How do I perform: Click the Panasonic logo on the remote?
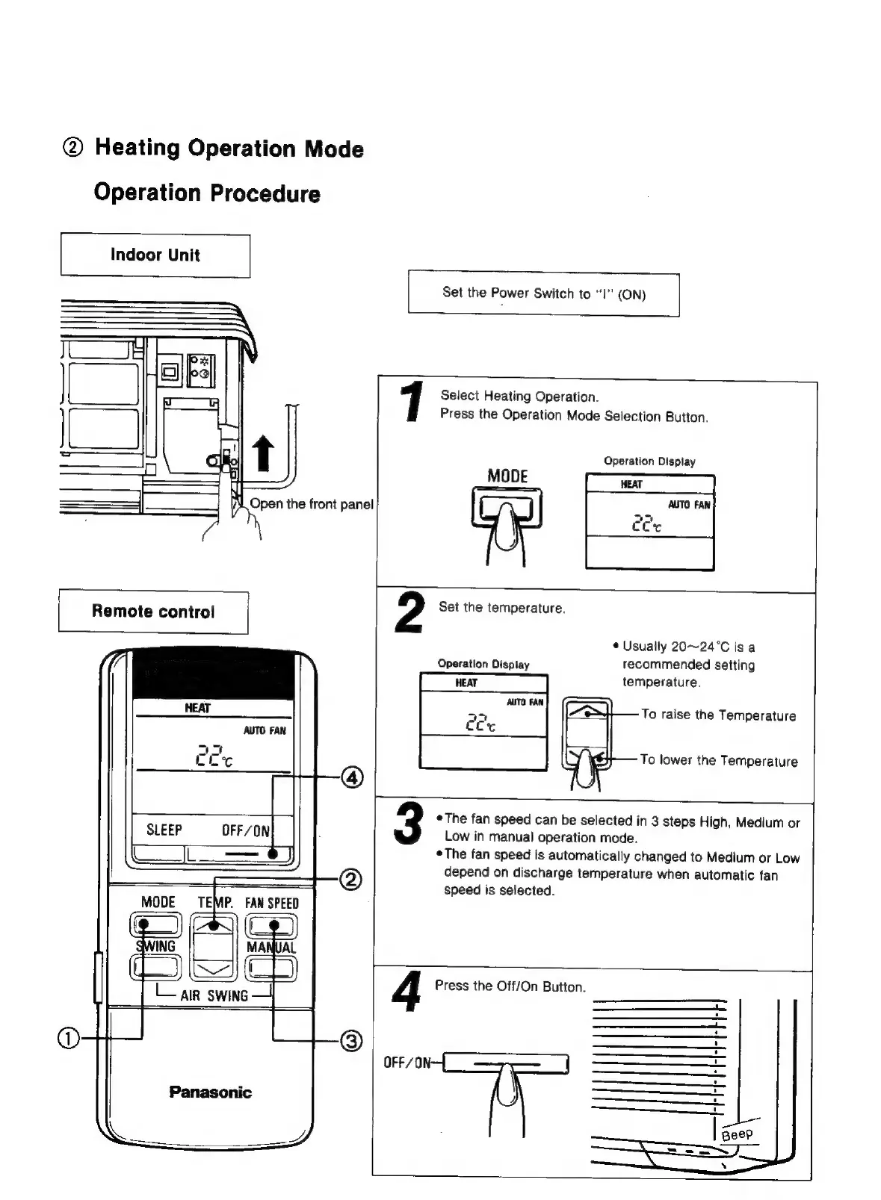(210, 1092)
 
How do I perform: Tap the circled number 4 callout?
(352, 777)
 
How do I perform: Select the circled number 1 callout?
(67, 1038)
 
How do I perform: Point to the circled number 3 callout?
(351, 1040)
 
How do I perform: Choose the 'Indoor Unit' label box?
(155, 255)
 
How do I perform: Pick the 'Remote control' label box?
(153, 612)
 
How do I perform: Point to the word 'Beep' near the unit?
(737, 1134)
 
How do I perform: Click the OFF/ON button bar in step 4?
(507, 1063)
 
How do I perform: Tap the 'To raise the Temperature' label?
(718, 715)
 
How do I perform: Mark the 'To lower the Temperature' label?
(718, 761)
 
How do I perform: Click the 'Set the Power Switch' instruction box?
(543, 294)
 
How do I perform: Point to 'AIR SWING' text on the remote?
(214, 996)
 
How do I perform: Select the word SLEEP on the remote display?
(164, 830)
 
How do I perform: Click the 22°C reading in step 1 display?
(646, 525)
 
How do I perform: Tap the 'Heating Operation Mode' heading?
(229, 148)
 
